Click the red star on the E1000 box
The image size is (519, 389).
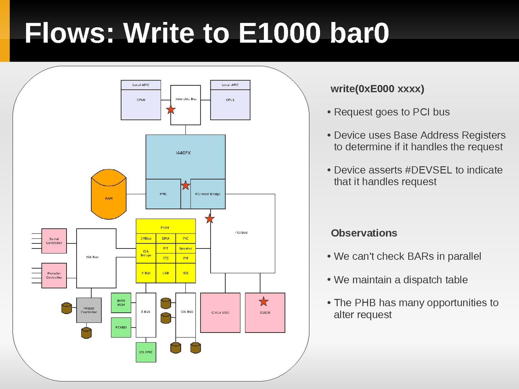(x=264, y=302)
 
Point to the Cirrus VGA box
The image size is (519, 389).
(x=220, y=313)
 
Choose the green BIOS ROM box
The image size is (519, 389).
(x=121, y=303)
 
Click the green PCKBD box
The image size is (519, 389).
(x=121, y=327)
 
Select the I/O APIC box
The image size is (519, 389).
(x=146, y=352)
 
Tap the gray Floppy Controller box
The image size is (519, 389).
(x=89, y=310)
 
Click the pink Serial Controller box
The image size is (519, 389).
(x=54, y=241)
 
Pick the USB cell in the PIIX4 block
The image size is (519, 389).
(x=166, y=273)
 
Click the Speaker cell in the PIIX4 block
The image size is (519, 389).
(x=186, y=248)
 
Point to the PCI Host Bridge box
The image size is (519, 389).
(x=208, y=194)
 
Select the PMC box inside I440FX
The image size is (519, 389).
(x=163, y=194)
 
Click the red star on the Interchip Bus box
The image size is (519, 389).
(x=171, y=110)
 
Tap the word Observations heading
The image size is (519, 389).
(x=364, y=233)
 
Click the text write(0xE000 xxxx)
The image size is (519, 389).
(x=377, y=89)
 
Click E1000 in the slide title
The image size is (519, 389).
(x=279, y=33)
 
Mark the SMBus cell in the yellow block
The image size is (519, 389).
(x=146, y=238)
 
